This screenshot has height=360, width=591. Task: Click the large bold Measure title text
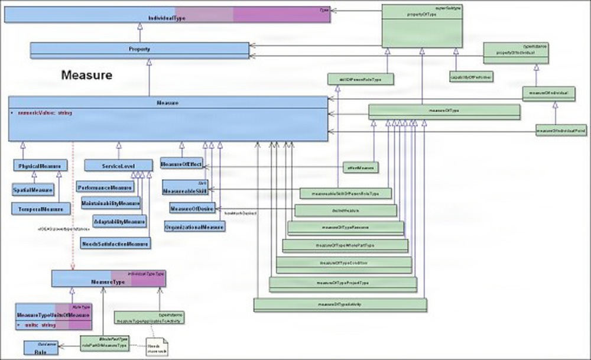point(87,76)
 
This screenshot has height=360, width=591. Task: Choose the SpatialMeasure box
point(33,189)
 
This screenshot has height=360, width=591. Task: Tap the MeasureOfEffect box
point(181,164)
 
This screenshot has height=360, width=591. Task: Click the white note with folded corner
point(155,345)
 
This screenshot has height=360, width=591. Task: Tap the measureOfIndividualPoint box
point(561,130)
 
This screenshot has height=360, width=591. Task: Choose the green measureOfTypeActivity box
point(340,304)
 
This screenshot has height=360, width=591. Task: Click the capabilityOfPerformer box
point(470,77)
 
